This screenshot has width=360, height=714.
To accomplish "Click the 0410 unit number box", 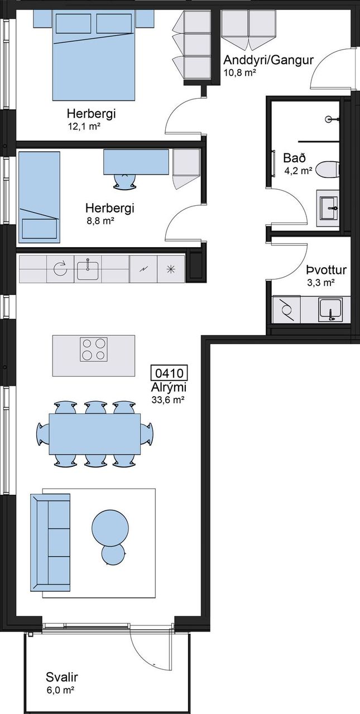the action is (169, 373).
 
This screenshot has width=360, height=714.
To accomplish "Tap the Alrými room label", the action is (169, 389).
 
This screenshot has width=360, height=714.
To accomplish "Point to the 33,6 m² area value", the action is (168, 400).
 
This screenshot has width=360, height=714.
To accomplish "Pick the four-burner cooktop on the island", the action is (93, 349).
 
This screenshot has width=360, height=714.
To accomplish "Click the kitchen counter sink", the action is (88, 269).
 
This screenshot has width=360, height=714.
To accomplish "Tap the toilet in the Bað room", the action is (327, 170).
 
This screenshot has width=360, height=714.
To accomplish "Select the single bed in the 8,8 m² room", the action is (39, 197).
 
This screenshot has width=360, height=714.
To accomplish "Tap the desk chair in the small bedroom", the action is (124, 181).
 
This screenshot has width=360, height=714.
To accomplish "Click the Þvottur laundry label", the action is (326, 271).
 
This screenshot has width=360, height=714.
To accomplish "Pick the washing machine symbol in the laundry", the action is (287, 309).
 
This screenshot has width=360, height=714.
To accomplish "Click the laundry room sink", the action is (330, 309).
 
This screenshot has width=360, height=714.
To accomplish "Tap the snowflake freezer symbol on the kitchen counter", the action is (171, 269).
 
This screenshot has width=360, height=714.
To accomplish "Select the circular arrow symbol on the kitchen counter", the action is (60, 269).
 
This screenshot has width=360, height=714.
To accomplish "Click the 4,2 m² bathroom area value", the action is (298, 171).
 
